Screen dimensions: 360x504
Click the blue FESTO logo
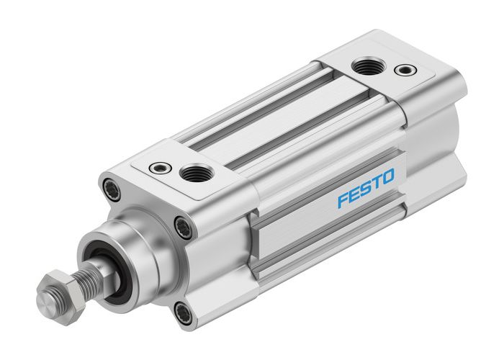point(366,189)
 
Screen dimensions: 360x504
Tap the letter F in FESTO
point(343,199)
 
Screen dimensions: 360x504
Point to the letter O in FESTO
point(387,178)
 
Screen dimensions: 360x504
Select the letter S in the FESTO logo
point(365,189)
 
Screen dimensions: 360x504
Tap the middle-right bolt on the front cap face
point(183,228)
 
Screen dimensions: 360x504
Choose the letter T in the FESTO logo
point(376,183)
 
